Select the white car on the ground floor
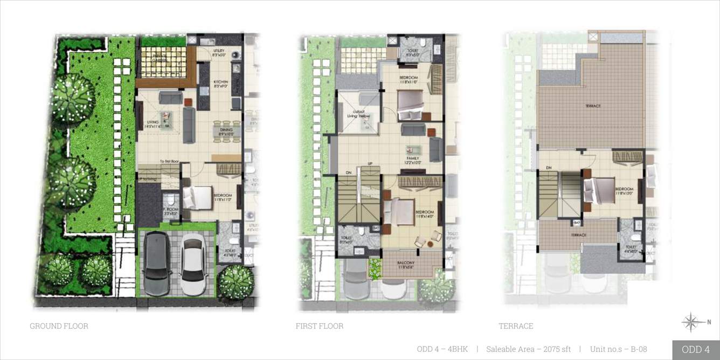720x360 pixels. coord(193,264)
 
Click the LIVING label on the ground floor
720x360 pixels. coord(153,124)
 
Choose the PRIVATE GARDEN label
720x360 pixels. coord(160,58)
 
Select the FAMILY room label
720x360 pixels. coord(413,160)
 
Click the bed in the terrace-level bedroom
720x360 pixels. coord(600,190)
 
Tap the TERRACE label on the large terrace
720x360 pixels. coord(592,106)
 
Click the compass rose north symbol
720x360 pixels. coord(691,322)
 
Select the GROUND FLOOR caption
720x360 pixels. coord(59,326)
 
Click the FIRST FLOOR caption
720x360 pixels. coord(319,326)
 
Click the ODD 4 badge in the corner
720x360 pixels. coord(695,349)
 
